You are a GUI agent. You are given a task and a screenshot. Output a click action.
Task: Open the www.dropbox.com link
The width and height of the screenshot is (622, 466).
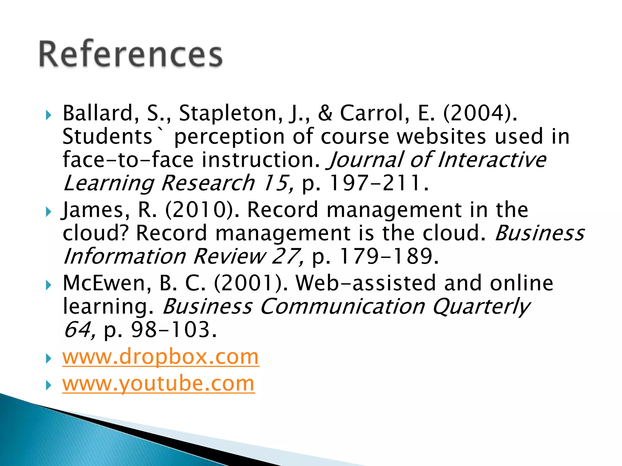coord(161,357)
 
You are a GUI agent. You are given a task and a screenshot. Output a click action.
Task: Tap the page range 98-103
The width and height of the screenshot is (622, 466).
coord(170,330)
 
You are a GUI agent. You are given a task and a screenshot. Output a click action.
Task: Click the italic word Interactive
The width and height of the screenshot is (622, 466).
coord(492,160)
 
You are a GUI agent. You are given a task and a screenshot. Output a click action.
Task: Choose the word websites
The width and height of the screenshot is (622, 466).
coord(442,137)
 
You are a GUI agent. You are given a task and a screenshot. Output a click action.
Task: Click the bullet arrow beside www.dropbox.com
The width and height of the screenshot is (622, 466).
coord(49,359)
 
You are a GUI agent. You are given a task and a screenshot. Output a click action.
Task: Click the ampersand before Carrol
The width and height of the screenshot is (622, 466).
coord(325,113)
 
